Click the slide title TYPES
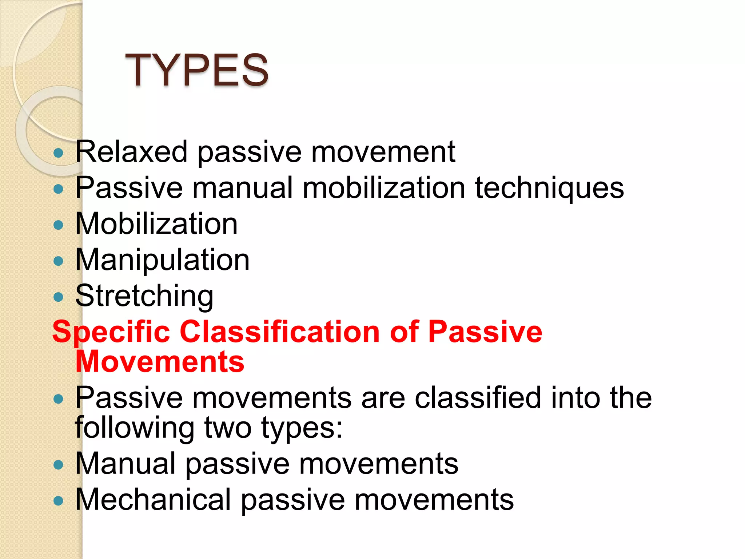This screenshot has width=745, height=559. point(196,70)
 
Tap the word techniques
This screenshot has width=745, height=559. point(549,188)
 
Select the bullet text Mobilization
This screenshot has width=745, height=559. point(156,223)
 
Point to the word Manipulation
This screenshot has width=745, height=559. point(162,259)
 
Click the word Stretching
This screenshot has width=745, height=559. point(144,296)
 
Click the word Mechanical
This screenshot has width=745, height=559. point(153,499)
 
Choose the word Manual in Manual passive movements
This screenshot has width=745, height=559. point(126,463)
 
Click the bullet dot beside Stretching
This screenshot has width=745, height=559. point(58,297)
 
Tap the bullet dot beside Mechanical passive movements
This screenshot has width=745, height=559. point(58,501)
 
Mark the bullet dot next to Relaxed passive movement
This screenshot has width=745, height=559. point(58,153)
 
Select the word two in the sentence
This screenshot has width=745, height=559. point(228,427)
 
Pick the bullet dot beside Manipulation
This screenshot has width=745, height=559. point(58,261)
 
